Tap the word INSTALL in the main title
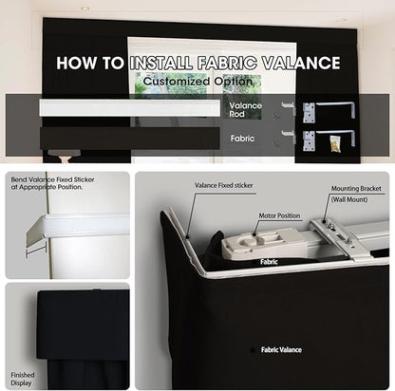(161, 63)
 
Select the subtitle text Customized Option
(198, 82)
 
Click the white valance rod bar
(130, 108)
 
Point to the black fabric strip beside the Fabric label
(130, 138)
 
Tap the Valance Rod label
(246, 110)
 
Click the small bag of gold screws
(335, 143)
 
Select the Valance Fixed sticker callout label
(224, 185)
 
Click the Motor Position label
(279, 215)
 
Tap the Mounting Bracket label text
(356, 189)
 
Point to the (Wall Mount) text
(349, 199)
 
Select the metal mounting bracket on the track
(339, 239)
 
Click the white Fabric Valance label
(281, 350)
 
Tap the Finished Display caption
(22, 379)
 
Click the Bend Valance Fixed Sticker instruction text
(52, 183)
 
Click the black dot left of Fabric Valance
(253, 350)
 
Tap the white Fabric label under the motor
(269, 262)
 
